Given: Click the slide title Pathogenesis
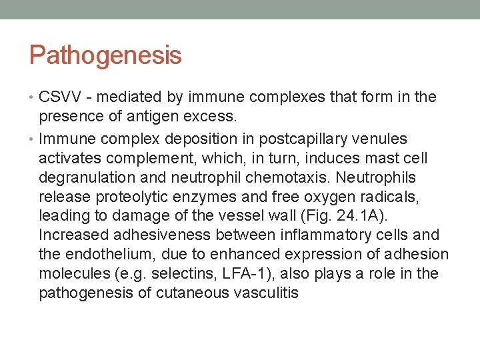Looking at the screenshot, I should coord(105,55).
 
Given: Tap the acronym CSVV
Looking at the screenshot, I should coord(60,97).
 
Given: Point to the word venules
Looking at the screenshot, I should coord(383,139).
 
